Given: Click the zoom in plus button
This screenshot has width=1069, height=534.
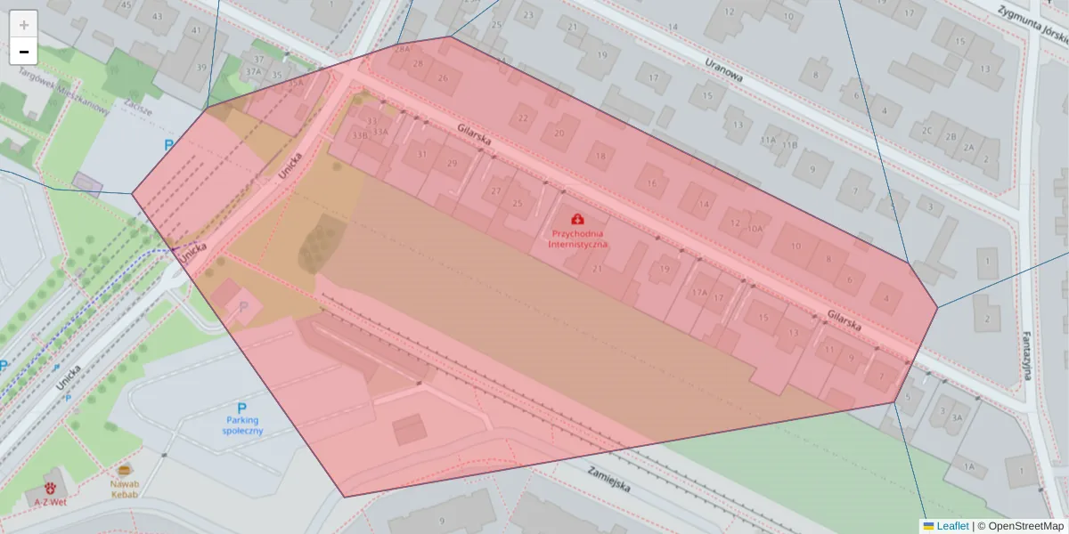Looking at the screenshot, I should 24,25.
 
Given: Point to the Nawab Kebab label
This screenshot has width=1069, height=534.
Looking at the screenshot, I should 125,489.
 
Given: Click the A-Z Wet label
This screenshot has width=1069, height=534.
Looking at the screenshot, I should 51,501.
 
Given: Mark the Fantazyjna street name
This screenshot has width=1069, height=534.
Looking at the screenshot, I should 1027,351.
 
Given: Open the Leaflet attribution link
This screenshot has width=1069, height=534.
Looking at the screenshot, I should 952,526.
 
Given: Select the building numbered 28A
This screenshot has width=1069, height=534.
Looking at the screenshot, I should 402,50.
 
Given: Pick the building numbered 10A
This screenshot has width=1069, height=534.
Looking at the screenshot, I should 755,229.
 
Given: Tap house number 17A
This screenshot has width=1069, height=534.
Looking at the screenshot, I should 699,291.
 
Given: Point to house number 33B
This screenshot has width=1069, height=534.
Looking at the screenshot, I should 359,136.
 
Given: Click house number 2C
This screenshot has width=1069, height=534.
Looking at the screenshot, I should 927,130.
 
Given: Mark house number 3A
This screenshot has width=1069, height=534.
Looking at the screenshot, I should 957,417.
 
